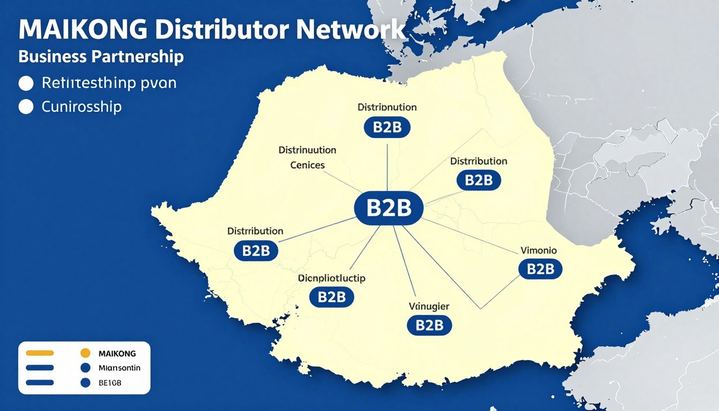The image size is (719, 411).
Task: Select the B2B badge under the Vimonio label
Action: tap(540, 269)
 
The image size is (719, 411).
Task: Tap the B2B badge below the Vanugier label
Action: tap(429, 325)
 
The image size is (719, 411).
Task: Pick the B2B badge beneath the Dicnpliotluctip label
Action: tap(332, 297)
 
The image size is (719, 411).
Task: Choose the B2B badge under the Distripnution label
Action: tap(387, 127)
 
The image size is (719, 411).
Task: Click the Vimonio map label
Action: tap(539, 250)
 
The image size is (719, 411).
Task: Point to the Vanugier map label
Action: tap(429, 307)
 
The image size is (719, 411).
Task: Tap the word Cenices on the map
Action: tap(307, 165)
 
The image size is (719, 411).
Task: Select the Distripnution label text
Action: tap(387, 107)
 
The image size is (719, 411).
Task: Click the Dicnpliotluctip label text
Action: tap(332, 278)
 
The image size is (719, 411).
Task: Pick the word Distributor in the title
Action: tap(214, 31)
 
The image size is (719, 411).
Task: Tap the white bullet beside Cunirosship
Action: tap(26, 107)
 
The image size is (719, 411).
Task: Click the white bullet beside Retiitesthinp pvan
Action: tap(26, 84)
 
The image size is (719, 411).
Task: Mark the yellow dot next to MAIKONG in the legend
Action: tap(84, 353)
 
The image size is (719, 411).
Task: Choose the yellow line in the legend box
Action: tap(40, 353)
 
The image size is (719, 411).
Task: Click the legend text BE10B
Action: tap(110, 383)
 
